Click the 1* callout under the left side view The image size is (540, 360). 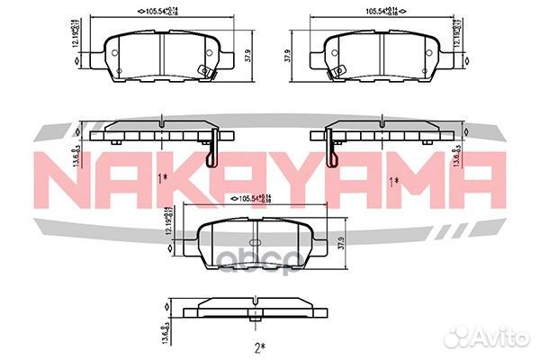(163, 180)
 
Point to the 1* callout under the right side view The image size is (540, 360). (393, 180)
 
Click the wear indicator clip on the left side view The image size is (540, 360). (210, 149)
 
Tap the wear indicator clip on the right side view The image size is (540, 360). (331, 149)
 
